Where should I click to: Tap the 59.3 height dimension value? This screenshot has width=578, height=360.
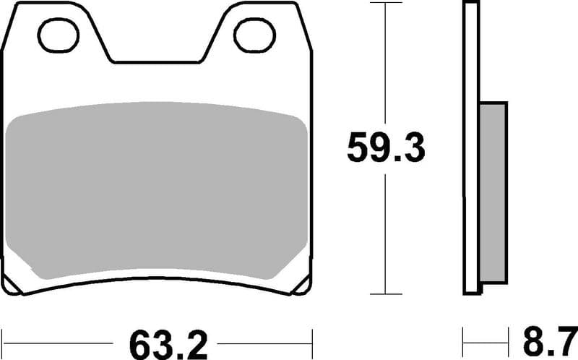[x=386, y=147]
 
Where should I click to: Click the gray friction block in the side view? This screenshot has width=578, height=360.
[x=493, y=192]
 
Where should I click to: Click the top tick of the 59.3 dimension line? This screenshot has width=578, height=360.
[x=386, y=4]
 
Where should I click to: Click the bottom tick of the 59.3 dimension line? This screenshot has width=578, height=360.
[x=386, y=293]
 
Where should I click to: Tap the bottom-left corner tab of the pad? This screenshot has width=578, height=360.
[x=16, y=286]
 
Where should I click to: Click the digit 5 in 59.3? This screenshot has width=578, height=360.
[x=359, y=147]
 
